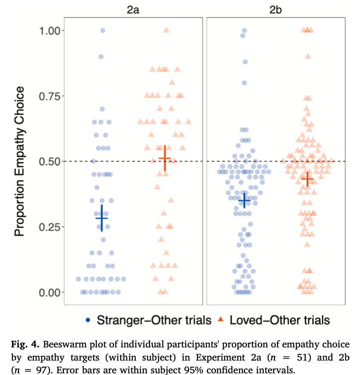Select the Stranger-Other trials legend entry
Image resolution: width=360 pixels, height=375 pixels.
pyautogui.click(x=149, y=320)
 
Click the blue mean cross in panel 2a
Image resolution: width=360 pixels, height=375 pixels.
pyautogui.click(x=101, y=218)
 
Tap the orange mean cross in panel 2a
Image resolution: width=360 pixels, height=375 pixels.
pyautogui.click(x=165, y=158)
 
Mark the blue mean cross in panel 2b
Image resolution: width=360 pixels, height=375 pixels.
pyautogui.click(x=244, y=200)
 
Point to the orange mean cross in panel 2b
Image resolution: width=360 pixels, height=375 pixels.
pyautogui.click(x=307, y=179)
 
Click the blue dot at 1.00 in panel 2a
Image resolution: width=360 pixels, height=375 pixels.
pyautogui.click(x=102, y=31)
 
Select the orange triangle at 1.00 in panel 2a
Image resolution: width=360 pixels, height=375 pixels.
pyautogui.click(x=166, y=30)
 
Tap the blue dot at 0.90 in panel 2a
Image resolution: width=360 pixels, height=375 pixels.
pyautogui.click(x=101, y=56)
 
